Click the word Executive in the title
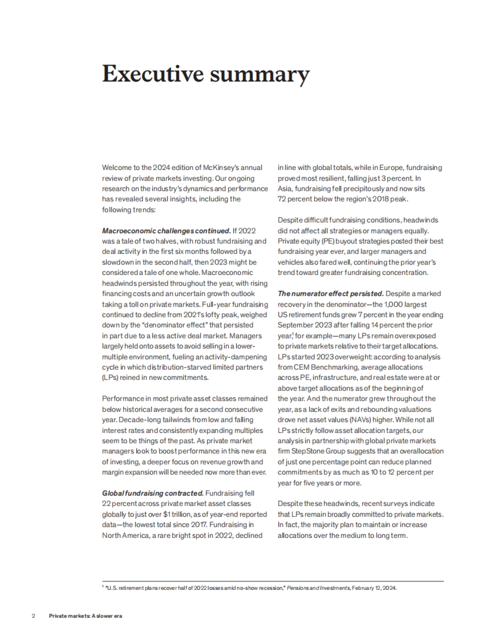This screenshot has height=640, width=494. [153, 74]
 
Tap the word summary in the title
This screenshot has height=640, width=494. [259, 75]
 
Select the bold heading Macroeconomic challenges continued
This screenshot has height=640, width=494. [166, 230]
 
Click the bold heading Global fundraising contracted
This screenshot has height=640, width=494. [153, 493]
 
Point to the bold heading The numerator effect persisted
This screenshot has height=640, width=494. [331, 294]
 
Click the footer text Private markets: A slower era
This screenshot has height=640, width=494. [86, 616]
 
